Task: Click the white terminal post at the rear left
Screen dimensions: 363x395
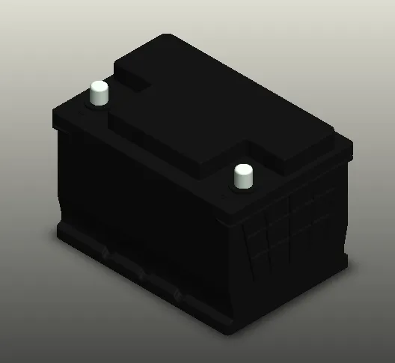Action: coord(99,94)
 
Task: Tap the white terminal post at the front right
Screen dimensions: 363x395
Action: coord(242,178)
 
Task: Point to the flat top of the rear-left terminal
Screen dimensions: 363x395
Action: coord(99,85)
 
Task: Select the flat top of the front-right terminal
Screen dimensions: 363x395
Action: coord(242,169)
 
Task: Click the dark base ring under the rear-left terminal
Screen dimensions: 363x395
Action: coord(99,104)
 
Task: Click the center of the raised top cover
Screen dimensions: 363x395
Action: coord(224,112)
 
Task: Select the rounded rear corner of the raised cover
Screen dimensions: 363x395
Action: coord(166,37)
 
